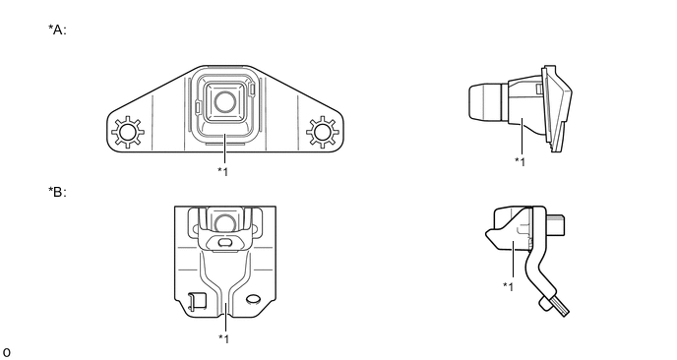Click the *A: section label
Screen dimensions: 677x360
click(57, 30)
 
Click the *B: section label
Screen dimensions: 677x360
click(57, 192)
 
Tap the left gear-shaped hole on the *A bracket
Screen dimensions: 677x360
click(128, 132)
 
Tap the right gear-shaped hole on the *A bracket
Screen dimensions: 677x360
click(323, 132)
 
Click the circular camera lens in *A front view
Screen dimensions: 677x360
click(225, 102)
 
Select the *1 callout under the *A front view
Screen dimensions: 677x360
click(222, 171)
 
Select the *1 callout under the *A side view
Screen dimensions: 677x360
click(520, 162)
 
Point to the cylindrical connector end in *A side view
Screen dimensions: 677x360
click(485, 102)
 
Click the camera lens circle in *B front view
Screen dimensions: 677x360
click(225, 223)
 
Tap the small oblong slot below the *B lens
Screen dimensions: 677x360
click(224, 243)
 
